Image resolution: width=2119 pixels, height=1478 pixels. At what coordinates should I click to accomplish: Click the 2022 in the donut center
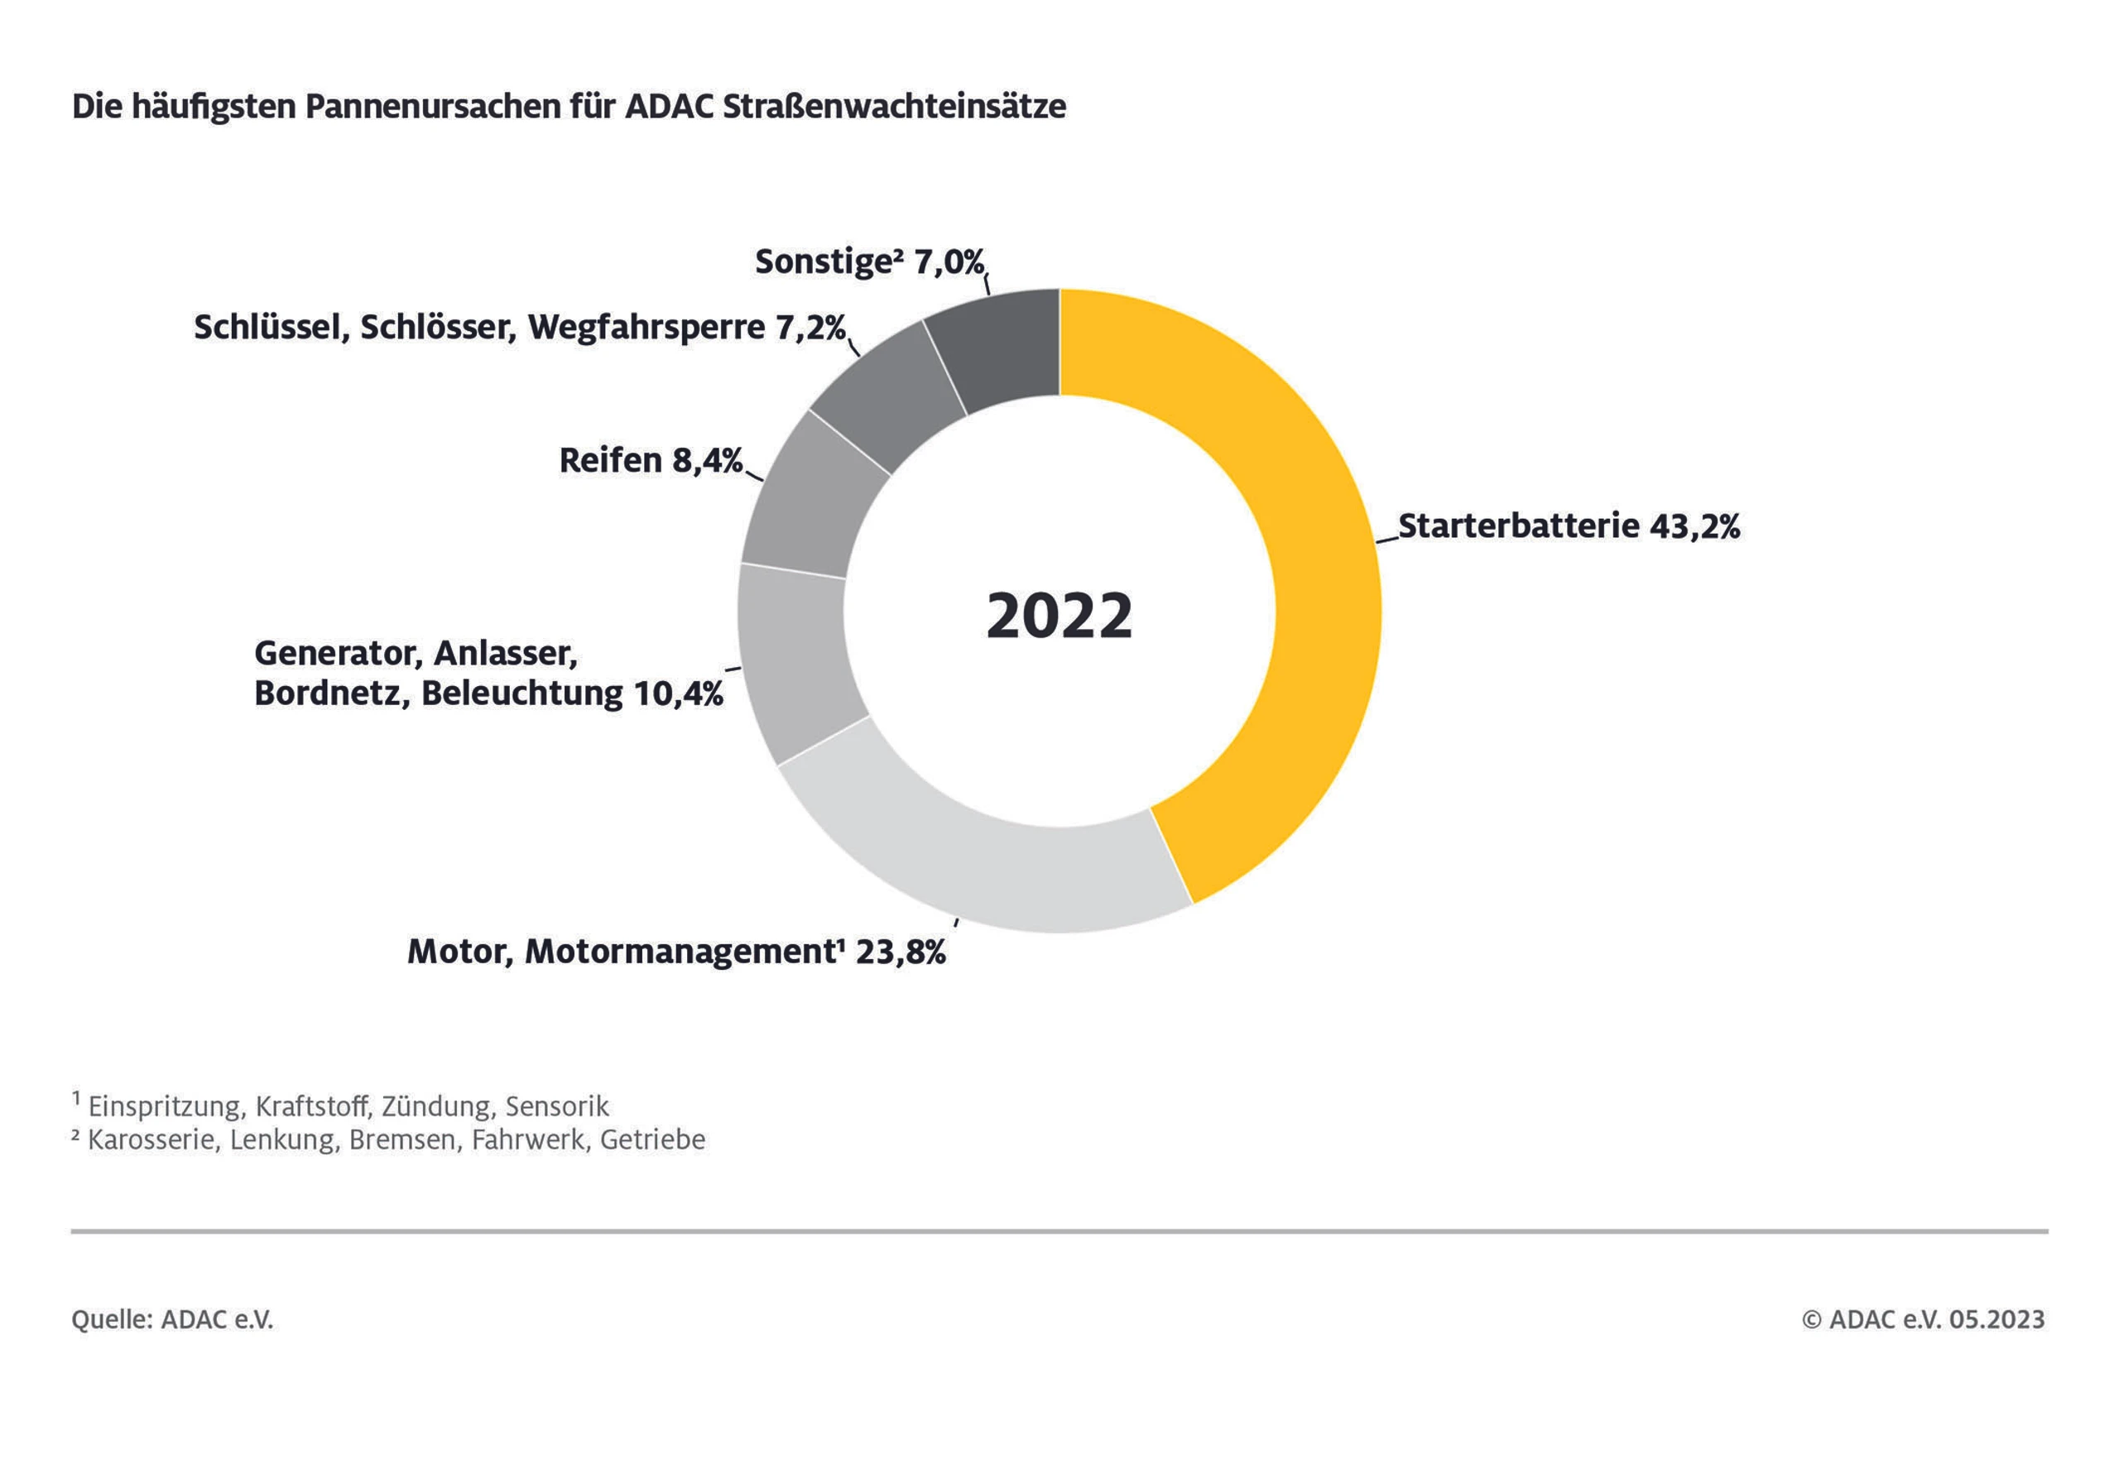tap(1059, 617)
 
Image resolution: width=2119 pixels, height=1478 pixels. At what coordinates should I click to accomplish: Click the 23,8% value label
tap(901, 953)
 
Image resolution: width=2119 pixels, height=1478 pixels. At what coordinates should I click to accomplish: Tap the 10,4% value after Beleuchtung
tap(679, 693)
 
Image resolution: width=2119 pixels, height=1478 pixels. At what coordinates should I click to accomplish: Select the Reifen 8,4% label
tap(651, 460)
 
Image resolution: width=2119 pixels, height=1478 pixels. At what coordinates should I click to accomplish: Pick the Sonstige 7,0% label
tap(869, 262)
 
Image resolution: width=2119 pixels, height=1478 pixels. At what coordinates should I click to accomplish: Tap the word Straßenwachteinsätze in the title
tap(894, 106)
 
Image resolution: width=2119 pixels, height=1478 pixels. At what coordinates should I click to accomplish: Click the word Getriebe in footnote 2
tap(652, 1140)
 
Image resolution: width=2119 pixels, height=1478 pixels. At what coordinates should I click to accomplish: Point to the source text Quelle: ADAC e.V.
tap(173, 1319)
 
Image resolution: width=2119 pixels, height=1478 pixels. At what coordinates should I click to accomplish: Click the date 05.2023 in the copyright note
tap(1997, 1319)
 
